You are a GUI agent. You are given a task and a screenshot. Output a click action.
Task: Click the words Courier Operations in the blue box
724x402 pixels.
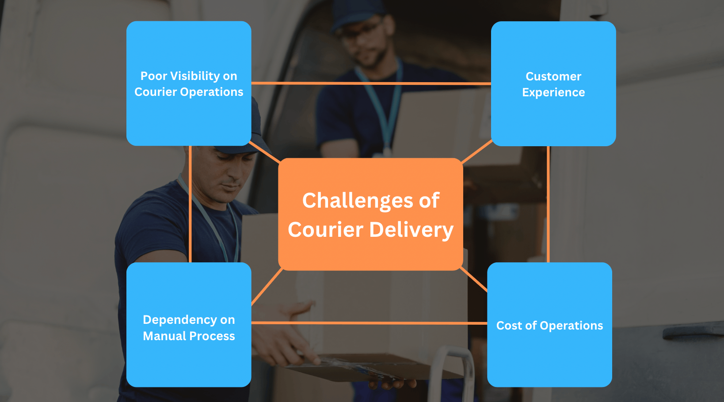[189, 92]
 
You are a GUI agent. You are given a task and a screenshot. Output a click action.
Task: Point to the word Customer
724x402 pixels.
[553, 76]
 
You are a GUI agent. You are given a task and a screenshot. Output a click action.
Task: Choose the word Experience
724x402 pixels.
[553, 93]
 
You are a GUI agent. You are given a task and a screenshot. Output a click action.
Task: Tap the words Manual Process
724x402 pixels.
[189, 336]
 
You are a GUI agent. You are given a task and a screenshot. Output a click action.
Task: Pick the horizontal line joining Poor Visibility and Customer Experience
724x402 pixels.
[371, 83]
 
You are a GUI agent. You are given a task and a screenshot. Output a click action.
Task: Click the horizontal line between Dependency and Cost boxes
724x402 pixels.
[369, 323]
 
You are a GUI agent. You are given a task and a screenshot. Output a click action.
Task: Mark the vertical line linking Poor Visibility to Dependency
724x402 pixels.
[190, 204]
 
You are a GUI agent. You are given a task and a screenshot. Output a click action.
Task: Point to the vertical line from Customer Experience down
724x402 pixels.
[548, 204]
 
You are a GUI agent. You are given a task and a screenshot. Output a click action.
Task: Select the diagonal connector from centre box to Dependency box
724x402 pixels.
[267, 287]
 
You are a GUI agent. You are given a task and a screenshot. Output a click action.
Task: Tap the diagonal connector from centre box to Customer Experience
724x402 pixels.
[477, 152]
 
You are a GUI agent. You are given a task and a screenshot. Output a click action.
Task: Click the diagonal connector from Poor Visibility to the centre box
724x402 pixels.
[265, 152]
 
